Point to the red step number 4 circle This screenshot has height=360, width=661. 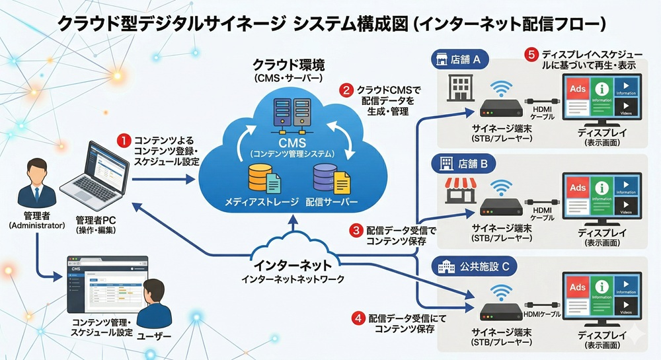click(358, 318)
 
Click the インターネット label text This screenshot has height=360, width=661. click(292, 265)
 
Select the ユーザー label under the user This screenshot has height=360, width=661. click(153, 337)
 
